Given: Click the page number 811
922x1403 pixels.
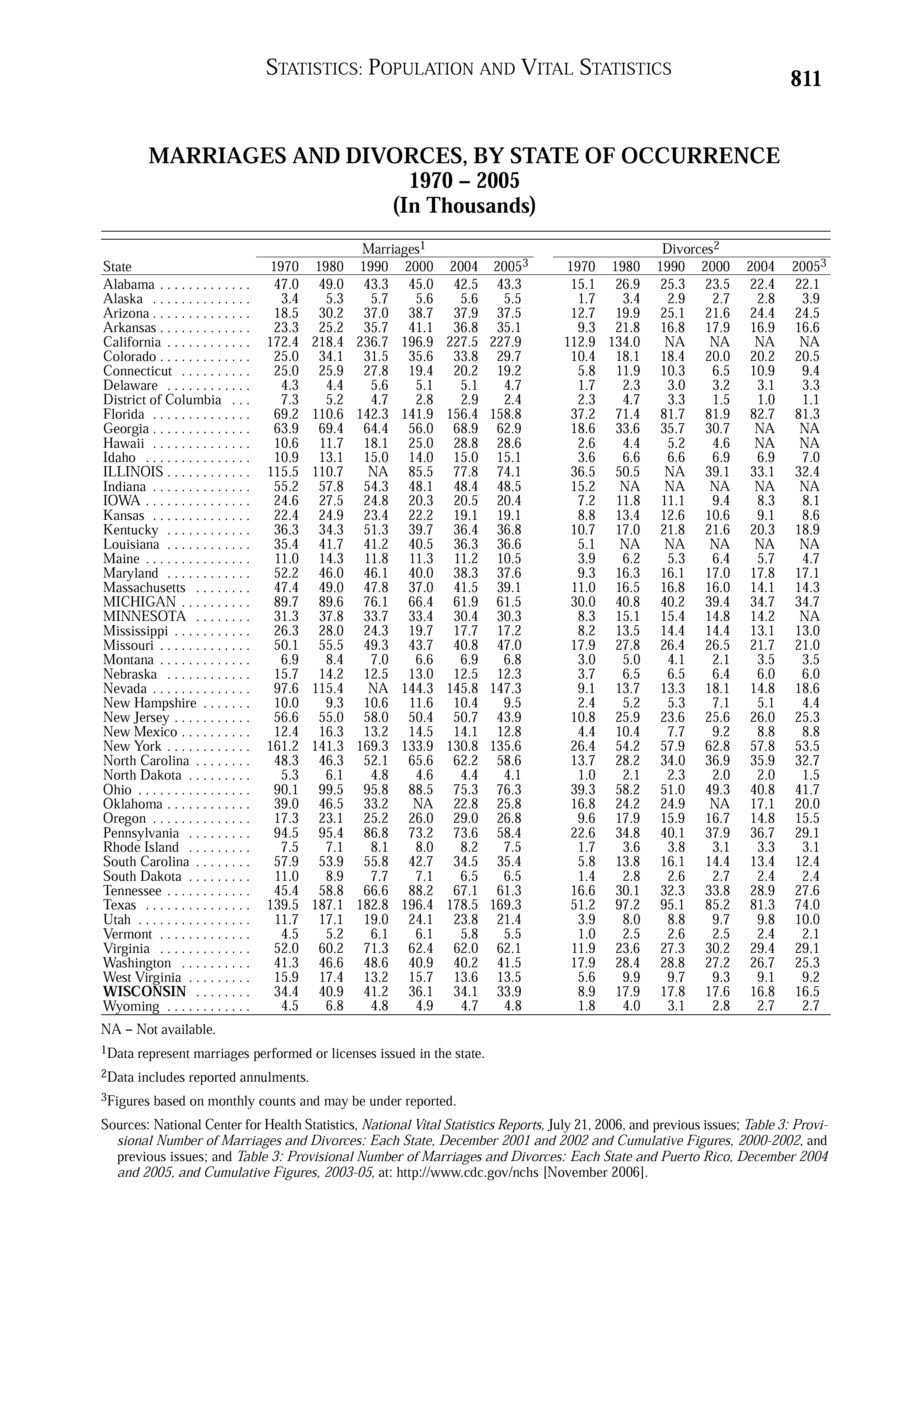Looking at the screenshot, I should tap(806, 78).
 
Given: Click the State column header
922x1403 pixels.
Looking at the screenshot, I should tap(117, 266).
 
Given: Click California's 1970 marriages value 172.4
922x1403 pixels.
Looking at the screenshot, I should tap(284, 342).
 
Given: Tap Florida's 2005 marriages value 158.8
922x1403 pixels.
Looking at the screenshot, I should tap(505, 414).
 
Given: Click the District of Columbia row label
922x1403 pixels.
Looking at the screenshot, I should tap(162, 400).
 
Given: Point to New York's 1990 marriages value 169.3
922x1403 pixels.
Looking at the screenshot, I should tap(373, 746).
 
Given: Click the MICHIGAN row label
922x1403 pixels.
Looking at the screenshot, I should tap(140, 602).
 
